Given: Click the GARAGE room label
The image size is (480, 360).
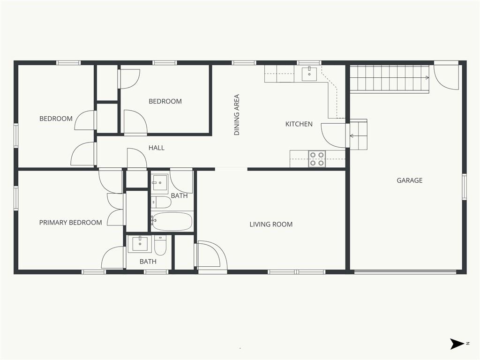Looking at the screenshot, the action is point(409,180).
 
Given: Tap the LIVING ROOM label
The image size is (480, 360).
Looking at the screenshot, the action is point(271,225).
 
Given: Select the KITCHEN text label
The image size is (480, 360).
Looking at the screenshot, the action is point(299,124).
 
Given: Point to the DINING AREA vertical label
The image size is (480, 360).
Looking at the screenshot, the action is point(237,115).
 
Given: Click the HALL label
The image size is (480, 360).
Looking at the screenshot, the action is point(157,148).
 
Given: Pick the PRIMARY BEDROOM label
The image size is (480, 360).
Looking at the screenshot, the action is point(70,223).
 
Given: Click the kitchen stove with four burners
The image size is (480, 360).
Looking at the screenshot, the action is point(317,159).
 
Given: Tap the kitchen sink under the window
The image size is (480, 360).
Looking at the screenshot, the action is point(309,74).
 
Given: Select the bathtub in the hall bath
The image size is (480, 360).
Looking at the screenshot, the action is point(172,221).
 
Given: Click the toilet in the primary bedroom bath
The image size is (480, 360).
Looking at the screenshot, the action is point(160,245).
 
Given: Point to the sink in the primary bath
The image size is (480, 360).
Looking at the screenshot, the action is point(140,244).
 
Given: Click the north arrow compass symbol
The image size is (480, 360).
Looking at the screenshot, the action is point(457,344).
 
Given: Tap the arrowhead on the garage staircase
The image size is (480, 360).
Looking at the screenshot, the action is point(427,78).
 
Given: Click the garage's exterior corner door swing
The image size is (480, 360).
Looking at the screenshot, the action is point(447,76).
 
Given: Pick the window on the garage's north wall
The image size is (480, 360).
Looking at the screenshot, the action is point(464,187).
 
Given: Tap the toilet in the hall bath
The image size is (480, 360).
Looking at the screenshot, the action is point(161,202).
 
